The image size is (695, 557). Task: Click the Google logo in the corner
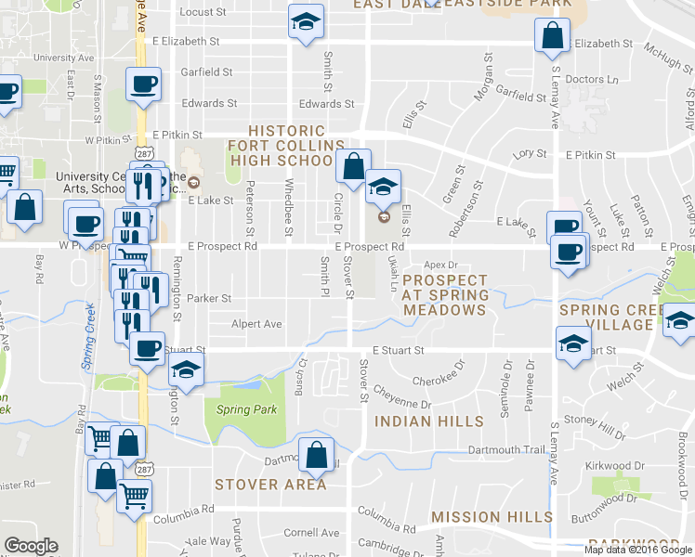click(x=31, y=546)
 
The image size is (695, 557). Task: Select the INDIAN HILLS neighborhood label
click(x=428, y=421)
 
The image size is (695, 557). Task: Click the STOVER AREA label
click(x=270, y=484)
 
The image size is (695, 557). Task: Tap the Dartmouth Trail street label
click(x=506, y=450)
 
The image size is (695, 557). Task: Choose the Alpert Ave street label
click(x=257, y=324)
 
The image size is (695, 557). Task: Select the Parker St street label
click(x=208, y=299)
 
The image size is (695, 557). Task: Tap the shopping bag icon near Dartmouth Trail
click(x=316, y=455)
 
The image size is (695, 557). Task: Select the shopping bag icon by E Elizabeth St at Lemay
click(x=552, y=36)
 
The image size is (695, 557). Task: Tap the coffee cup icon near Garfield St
click(x=143, y=84)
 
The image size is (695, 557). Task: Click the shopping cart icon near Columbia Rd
click(x=133, y=499)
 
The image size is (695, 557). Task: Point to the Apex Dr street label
click(x=441, y=266)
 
